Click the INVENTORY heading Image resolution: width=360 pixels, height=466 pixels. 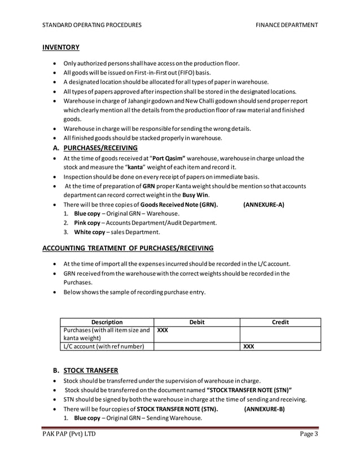[61, 47]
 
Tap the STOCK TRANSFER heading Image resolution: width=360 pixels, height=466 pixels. [90, 370]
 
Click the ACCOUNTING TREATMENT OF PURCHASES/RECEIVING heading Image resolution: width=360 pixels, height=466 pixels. [128, 248]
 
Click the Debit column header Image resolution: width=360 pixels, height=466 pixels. [196, 322]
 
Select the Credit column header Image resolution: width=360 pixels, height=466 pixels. [280, 322]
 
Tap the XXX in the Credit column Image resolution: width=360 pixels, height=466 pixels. [248, 346]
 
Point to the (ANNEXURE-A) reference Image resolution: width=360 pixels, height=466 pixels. [264, 205]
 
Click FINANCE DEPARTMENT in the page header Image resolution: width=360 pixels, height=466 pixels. [287, 25]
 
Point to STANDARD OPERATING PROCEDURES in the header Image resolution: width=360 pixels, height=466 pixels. [91, 25]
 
